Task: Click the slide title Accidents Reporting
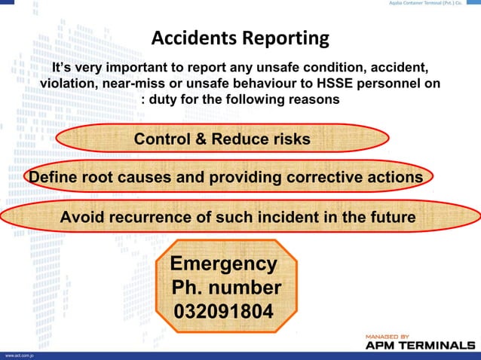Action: click(240, 37)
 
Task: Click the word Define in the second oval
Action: click(53, 178)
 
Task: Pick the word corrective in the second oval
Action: click(323, 178)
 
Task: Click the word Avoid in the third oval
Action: click(82, 218)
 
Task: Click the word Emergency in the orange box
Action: click(223, 264)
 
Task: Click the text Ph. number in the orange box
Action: click(226, 288)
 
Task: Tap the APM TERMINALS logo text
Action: click(420, 345)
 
